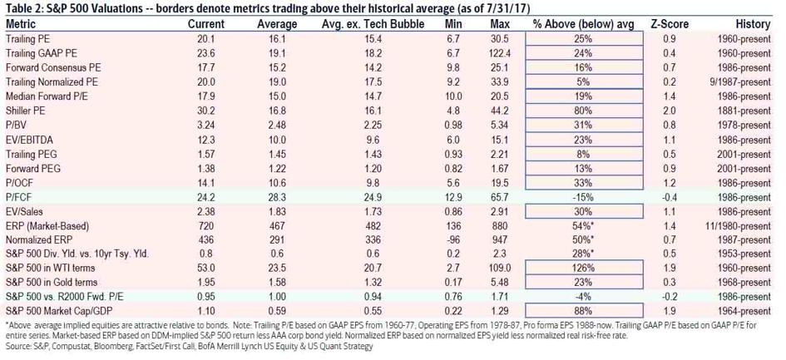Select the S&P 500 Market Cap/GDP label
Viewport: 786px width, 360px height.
tap(61, 307)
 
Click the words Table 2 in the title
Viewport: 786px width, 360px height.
tap(23, 8)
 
